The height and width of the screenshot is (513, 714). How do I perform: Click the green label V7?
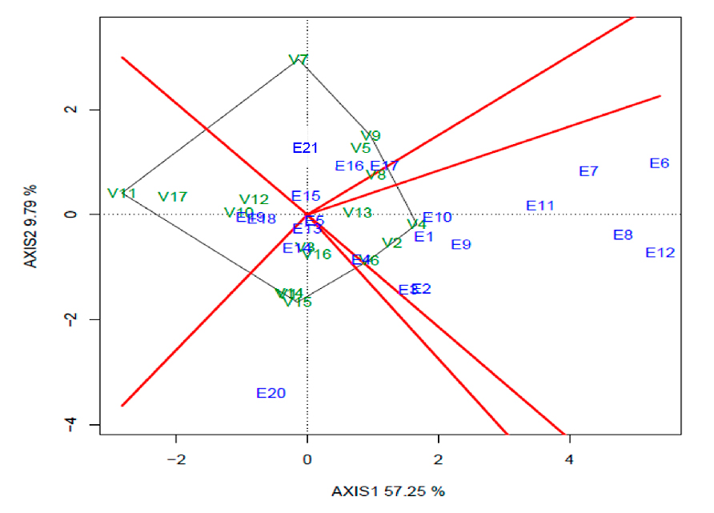(299, 60)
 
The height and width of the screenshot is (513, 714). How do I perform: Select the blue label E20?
(271, 393)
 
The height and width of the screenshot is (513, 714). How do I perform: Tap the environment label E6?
(659, 163)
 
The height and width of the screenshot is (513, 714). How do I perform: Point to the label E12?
(660, 253)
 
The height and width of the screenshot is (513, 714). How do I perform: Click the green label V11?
(122, 194)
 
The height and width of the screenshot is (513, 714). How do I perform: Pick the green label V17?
(172, 197)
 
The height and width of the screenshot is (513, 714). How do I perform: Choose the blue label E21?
(305, 148)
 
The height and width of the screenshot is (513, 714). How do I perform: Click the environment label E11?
(540, 206)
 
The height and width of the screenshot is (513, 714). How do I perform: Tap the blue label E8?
(623, 235)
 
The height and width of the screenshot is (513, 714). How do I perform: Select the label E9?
(461, 245)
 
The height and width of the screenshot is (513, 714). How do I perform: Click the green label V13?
(358, 212)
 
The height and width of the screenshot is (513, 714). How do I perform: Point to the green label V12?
(254, 199)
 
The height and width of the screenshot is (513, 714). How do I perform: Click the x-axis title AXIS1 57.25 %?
(388, 491)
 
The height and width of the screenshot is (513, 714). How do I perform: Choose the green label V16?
(317, 254)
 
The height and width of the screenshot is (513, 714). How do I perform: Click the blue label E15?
(305, 196)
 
